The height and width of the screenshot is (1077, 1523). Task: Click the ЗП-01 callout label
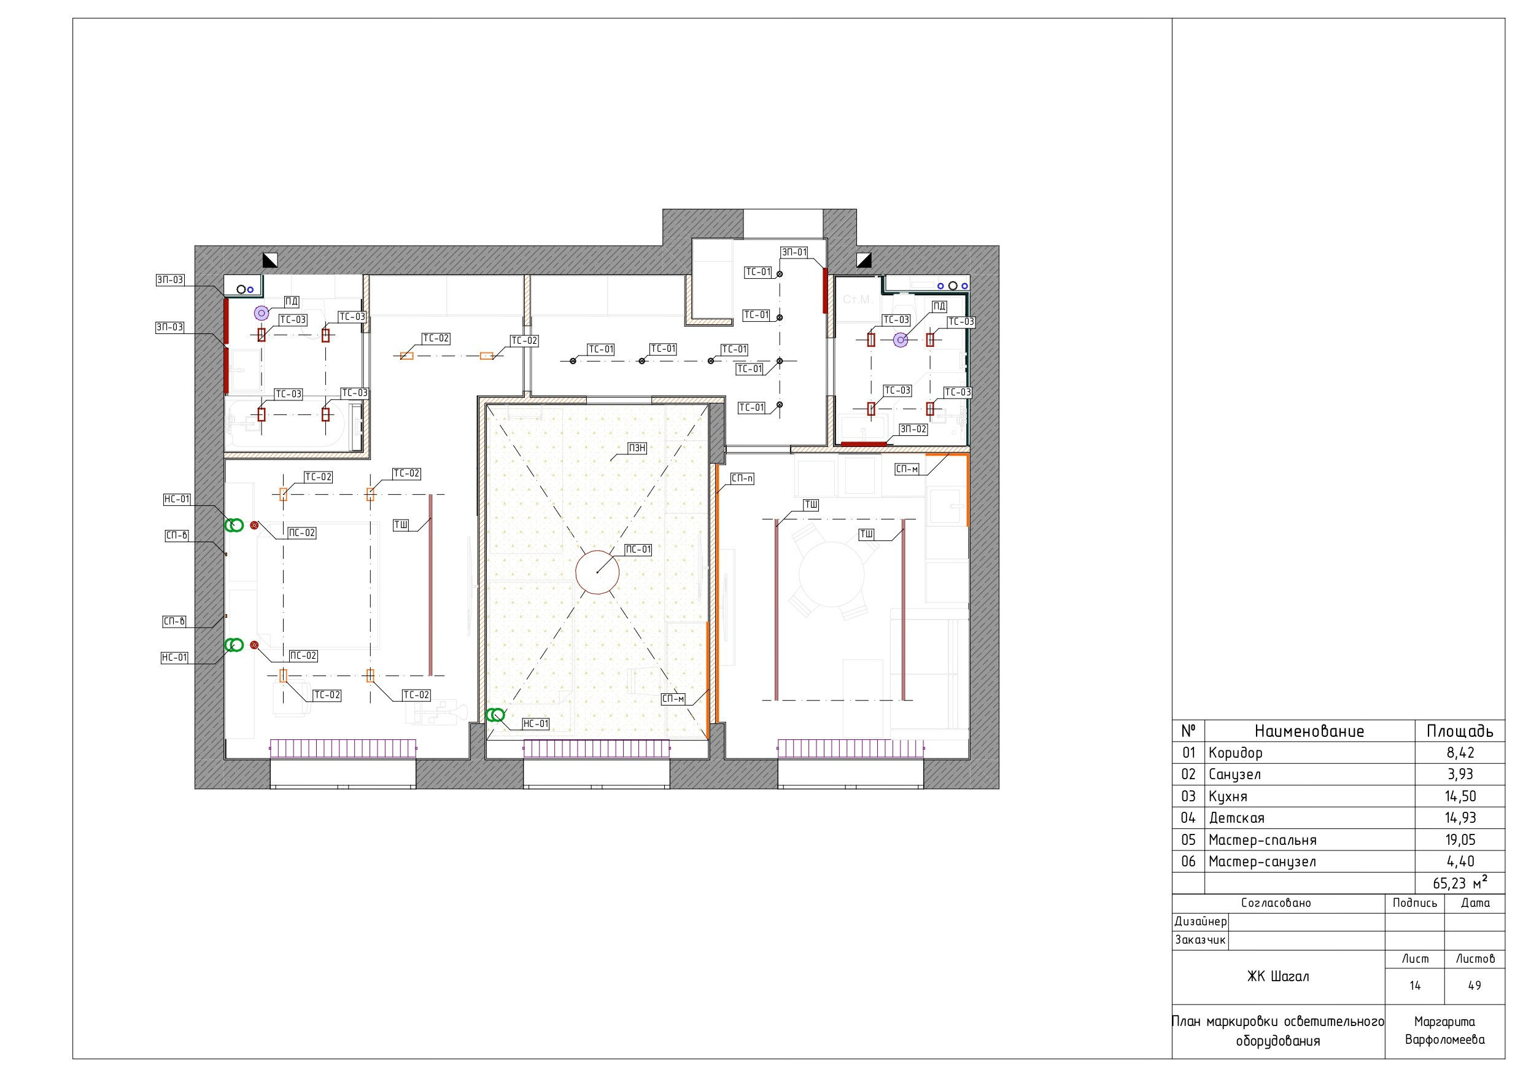[x=794, y=252]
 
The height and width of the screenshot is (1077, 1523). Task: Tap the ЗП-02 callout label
[x=913, y=429]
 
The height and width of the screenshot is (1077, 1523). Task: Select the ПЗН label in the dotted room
[x=637, y=449]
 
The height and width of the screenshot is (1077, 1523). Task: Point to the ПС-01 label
[x=639, y=550]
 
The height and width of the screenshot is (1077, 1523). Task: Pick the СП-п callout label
[x=742, y=478]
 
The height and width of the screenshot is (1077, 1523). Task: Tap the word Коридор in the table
[x=1235, y=753]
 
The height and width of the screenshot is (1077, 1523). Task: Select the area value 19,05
[x=1460, y=839]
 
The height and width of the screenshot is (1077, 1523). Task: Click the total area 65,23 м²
[x=1460, y=882]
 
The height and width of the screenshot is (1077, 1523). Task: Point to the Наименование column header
[x=1309, y=731]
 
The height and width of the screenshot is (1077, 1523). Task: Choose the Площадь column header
[x=1460, y=731]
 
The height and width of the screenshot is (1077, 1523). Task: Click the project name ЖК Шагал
[x=1277, y=976]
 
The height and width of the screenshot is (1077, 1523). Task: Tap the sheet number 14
[x=1415, y=986]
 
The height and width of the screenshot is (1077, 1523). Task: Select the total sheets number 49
[x=1475, y=986]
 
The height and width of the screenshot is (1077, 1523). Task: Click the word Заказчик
[x=1201, y=939]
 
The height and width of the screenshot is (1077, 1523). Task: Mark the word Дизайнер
[x=1201, y=921]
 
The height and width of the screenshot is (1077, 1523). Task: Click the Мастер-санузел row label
[x=1262, y=861]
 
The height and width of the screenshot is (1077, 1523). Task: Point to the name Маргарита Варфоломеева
[x=1444, y=1030]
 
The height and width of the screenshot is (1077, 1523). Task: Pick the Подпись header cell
[x=1415, y=903]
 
